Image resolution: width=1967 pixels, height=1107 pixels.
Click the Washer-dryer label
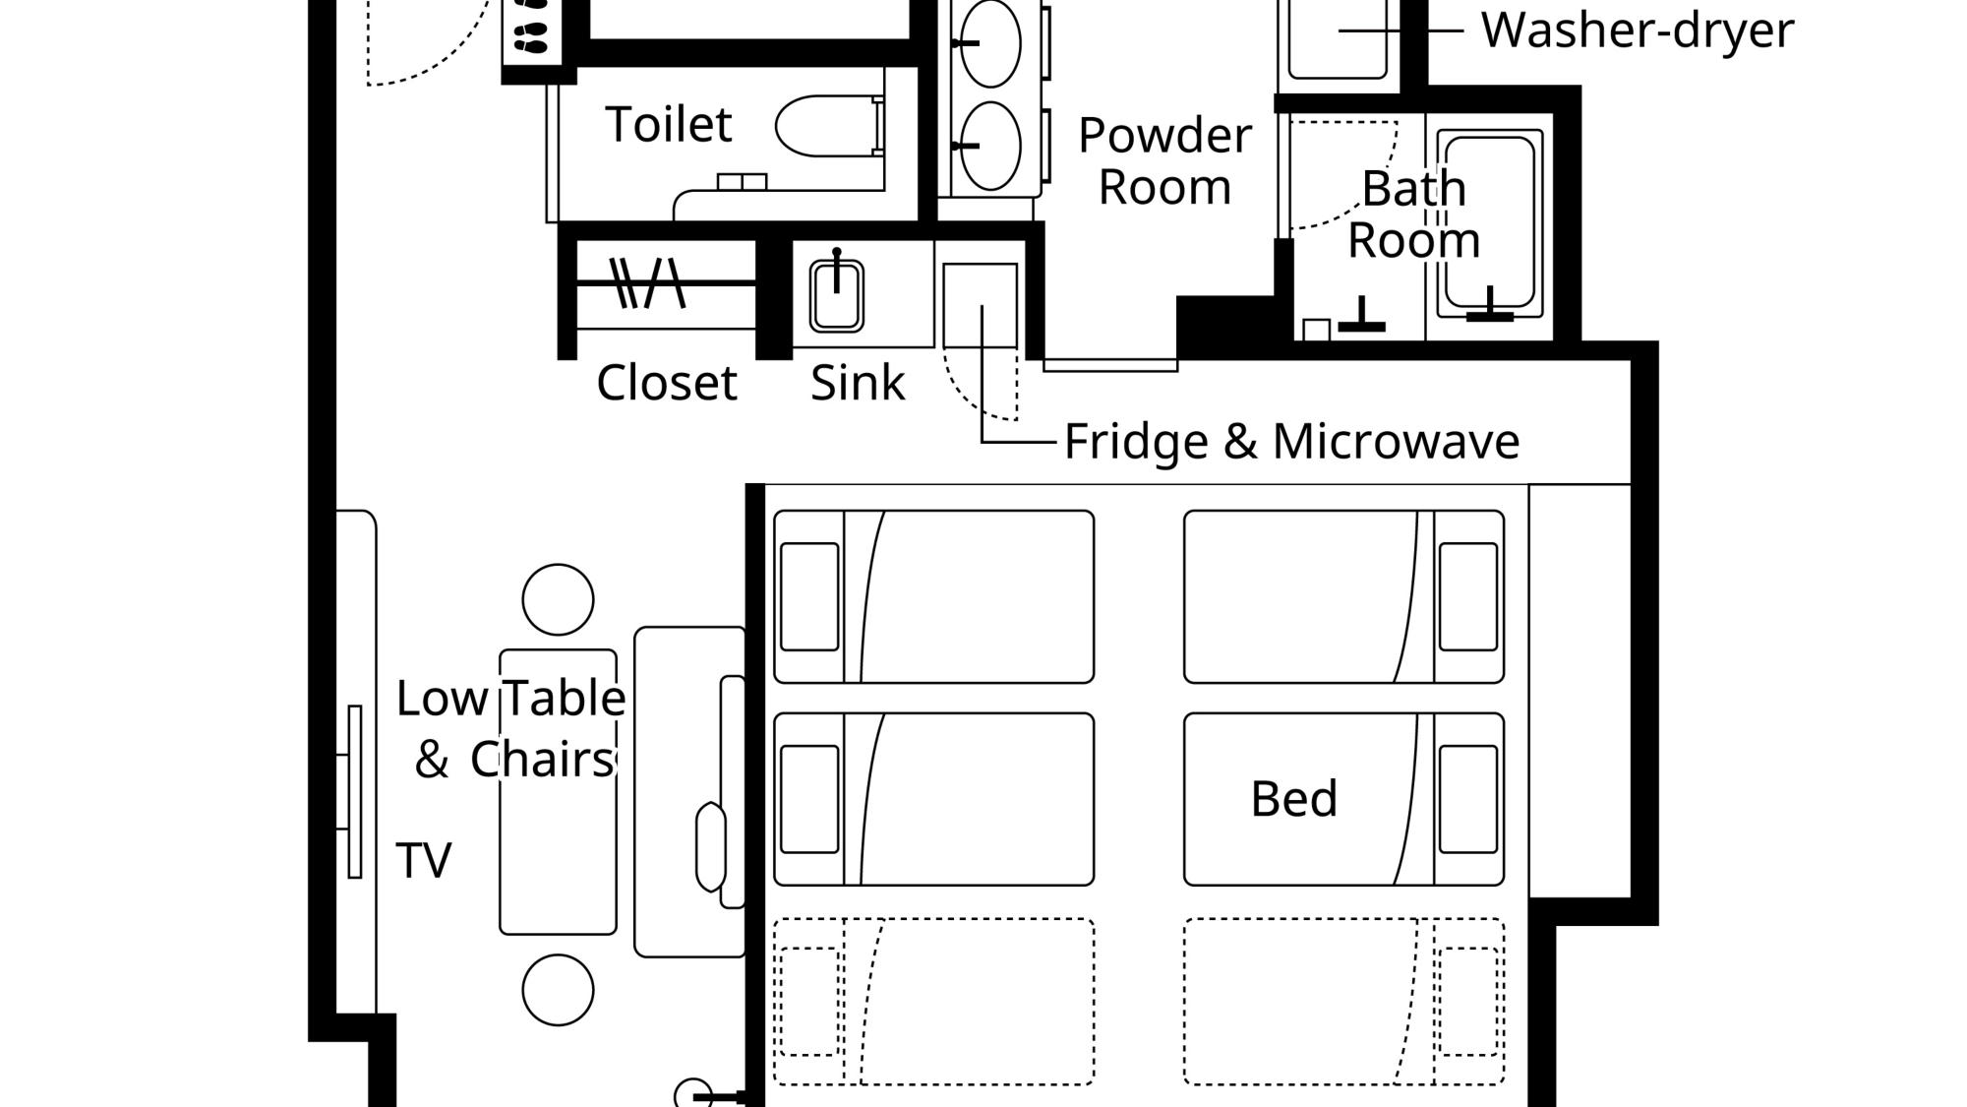point(1638,30)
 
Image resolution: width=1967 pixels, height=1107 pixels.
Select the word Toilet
point(669,124)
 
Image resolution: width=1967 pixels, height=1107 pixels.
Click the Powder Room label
point(1164,161)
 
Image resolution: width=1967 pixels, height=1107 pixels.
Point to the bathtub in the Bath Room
point(1490,224)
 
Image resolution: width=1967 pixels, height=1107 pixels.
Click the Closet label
point(667,383)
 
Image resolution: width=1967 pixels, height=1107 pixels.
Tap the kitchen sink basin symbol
point(837,295)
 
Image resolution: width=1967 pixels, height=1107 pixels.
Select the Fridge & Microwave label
point(1291,441)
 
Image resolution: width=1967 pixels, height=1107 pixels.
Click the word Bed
point(1293,798)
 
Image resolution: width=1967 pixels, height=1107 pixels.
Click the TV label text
point(424,860)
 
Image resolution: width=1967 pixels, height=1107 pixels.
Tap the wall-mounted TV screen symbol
point(355,791)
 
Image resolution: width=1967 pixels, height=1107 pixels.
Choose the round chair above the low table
point(558,600)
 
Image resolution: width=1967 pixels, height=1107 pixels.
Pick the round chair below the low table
point(558,990)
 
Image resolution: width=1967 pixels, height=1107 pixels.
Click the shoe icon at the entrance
point(532,27)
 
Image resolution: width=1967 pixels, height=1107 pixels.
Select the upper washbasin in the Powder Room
point(989,43)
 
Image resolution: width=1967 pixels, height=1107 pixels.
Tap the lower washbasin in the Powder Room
point(989,146)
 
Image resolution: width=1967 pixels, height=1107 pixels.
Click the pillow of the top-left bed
point(809,596)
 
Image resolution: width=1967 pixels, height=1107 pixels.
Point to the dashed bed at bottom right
point(1343,1002)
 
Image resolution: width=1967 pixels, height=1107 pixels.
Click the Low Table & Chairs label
point(511,729)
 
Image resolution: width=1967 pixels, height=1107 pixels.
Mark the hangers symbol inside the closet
point(647,283)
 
